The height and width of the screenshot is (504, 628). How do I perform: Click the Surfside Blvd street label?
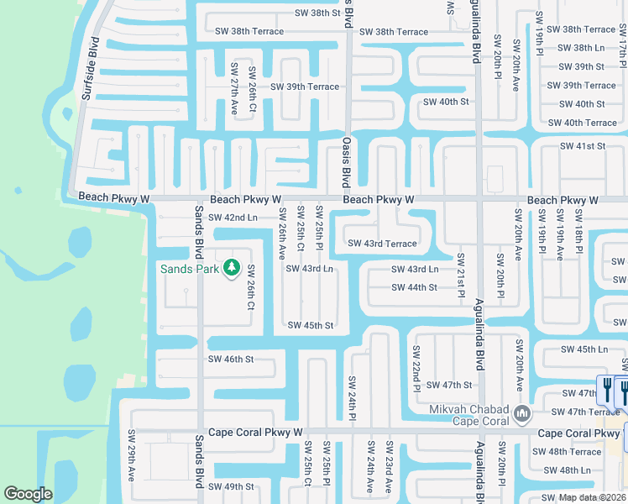tap(91, 69)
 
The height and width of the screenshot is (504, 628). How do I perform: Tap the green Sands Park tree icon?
tap(232, 268)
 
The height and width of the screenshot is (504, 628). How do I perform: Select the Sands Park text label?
tap(190, 269)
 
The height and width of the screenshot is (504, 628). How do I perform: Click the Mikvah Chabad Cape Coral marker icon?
tap(521, 412)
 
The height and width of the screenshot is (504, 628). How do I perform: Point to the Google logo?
tap(29, 495)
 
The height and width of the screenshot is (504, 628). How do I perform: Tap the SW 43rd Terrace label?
tap(382, 244)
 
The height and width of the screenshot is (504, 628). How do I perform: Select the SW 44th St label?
tap(414, 287)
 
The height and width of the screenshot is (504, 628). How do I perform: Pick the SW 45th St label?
tap(311, 325)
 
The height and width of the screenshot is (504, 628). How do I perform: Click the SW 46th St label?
tap(231, 360)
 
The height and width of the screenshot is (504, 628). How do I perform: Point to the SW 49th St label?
tap(231, 486)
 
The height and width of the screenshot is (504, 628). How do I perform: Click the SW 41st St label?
tap(583, 146)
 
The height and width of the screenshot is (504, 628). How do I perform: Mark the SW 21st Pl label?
tap(462, 276)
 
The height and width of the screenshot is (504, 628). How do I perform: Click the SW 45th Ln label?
tap(584, 349)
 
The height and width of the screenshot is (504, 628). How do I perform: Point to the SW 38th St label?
tap(318, 13)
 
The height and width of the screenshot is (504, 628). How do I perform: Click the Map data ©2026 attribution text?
tap(591, 497)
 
